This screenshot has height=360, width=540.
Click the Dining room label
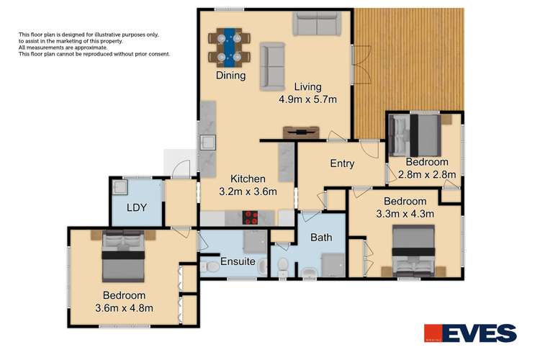pyautogui.click(x=230, y=76)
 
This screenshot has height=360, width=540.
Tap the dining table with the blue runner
pyautogui.click(x=230, y=45)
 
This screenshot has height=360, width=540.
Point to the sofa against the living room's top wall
pyautogui.click(x=315, y=24)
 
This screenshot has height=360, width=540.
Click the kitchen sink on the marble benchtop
pyautogui.click(x=208, y=142)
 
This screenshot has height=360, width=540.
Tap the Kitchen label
pyautogui.click(x=248, y=179)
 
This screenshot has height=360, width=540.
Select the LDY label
pyautogui.click(x=137, y=208)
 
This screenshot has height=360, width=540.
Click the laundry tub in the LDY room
pyautogui.click(x=120, y=188)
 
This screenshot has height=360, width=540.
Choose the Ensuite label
pyautogui.click(x=238, y=261)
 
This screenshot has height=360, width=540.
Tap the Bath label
pyautogui.click(x=320, y=237)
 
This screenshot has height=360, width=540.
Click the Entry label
pyautogui.click(x=342, y=163)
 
